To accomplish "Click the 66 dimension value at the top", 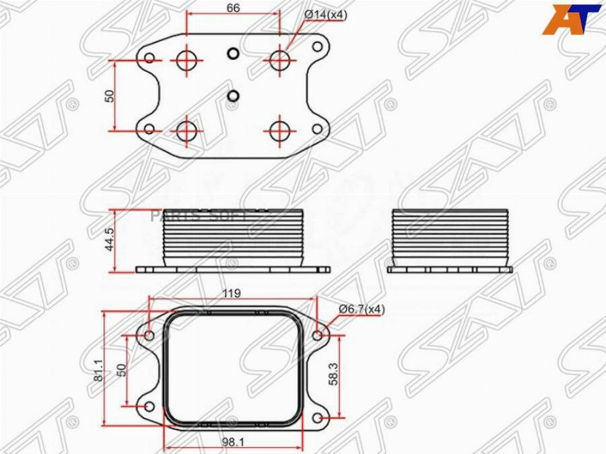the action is [x=233, y=7].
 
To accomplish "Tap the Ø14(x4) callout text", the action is [x=326, y=15].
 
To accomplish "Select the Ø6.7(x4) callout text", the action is [x=362, y=309].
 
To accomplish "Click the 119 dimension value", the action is [x=231, y=293].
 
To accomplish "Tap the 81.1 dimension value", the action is [x=98, y=370].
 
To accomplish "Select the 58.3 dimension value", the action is [x=333, y=373].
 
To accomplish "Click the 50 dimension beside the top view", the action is [x=110, y=96].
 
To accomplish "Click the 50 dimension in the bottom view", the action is [x=122, y=370].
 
